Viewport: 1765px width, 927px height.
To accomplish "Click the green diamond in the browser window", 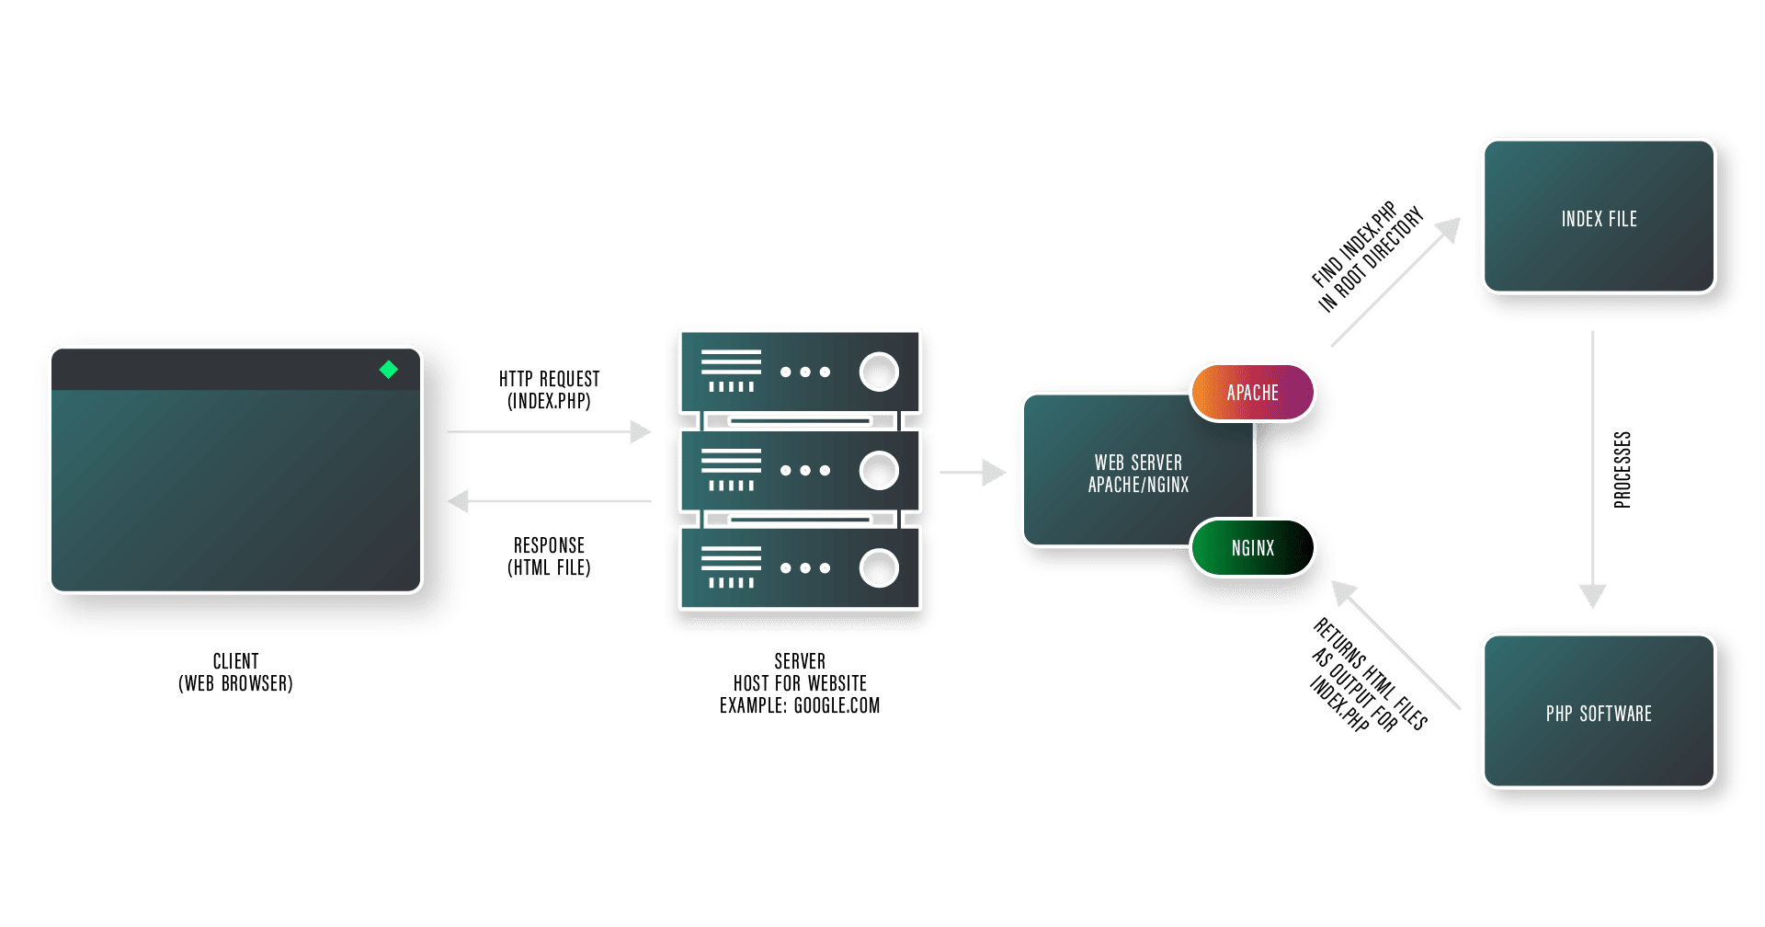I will (389, 370).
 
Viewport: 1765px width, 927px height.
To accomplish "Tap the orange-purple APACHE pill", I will (1252, 393).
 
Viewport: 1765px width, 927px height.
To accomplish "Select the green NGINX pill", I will (1252, 548).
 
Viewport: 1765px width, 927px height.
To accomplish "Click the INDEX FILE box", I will (1599, 218).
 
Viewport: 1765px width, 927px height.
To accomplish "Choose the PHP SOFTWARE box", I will (1599, 713).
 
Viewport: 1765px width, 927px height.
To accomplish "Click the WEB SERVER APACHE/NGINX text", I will (1138, 474).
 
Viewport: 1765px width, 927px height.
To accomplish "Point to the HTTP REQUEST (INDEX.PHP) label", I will (549, 390).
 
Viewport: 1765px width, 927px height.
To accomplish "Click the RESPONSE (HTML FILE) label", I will (549, 556).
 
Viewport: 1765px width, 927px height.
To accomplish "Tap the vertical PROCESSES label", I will (1623, 469).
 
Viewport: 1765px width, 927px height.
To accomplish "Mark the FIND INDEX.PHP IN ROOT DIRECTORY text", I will (1366, 257).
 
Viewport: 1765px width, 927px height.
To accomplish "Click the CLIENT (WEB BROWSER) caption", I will (235, 672).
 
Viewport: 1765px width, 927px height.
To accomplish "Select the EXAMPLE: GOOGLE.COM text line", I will (800, 706).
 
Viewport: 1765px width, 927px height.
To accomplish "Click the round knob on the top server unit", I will (879, 372).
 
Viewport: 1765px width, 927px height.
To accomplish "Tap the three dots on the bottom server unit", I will (804, 568).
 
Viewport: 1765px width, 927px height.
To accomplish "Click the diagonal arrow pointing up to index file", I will (1395, 282).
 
